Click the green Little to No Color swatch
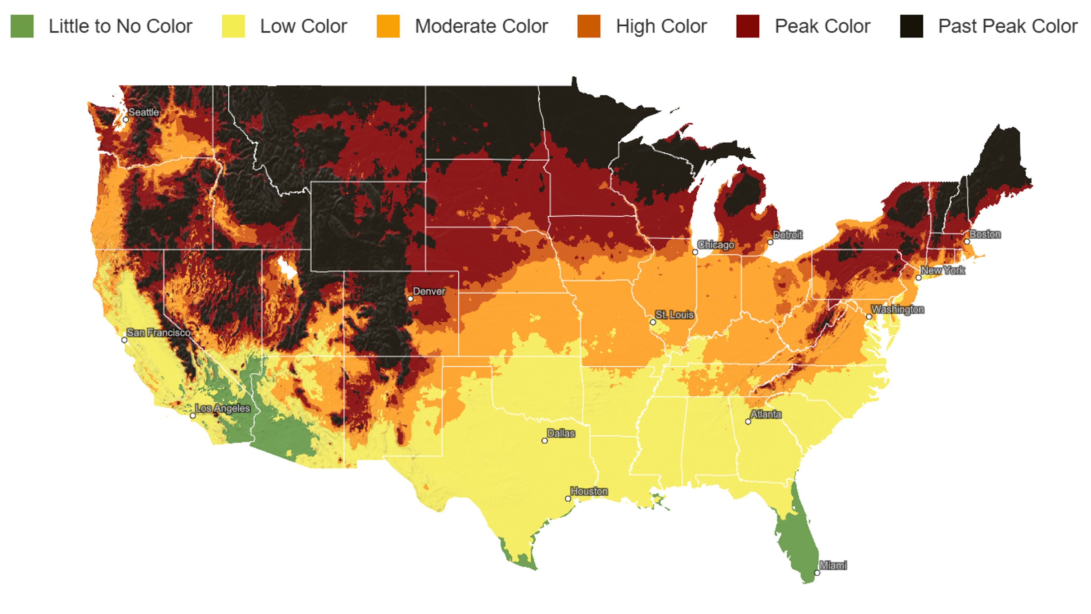point(22,26)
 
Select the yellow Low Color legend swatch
point(233,26)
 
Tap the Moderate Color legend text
point(481,26)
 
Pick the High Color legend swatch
point(589,26)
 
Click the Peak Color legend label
point(822,26)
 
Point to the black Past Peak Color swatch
point(911,26)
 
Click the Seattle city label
point(144,112)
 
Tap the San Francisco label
point(159,333)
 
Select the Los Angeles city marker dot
point(193,416)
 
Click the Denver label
point(429,291)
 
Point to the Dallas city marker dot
point(545,441)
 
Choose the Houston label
point(589,491)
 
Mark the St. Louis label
point(674,315)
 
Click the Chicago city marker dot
point(695,252)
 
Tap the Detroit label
point(787,235)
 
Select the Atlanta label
point(766,414)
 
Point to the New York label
point(943,270)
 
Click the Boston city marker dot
point(967,242)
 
